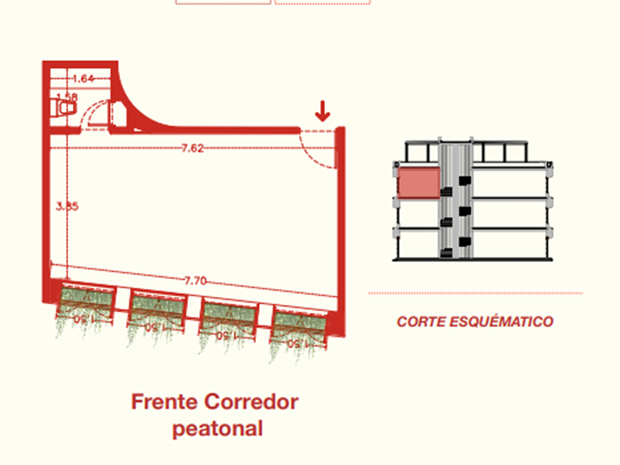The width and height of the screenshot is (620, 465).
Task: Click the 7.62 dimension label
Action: click(192, 148)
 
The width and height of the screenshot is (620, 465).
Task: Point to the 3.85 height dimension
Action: click(66, 207)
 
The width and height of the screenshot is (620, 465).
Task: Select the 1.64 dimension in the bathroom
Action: click(83, 79)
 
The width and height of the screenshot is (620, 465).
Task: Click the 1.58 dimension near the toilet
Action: click(66, 97)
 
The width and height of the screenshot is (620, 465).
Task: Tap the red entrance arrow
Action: click(323, 112)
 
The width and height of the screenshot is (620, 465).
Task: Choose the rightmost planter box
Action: click(299, 325)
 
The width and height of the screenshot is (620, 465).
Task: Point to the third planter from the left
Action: click(228, 317)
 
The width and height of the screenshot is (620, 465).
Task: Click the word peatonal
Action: click(218, 428)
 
